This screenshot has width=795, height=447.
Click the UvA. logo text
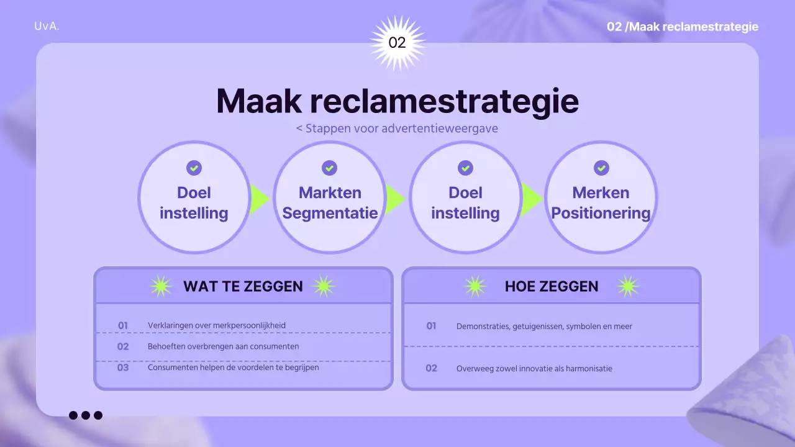click(47, 27)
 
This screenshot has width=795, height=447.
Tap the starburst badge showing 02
click(397, 43)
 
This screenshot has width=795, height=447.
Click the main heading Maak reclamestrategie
click(397, 101)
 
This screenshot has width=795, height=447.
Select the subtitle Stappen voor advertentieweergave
click(397, 129)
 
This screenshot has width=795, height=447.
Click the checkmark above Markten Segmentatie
click(329, 168)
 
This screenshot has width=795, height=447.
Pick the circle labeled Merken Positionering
click(601, 197)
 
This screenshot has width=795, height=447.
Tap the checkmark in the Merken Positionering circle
click(601, 168)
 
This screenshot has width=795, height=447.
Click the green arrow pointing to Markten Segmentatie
click(259, 199)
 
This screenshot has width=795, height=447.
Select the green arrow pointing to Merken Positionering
click(531, 199)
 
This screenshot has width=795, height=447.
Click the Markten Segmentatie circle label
click(330, 202)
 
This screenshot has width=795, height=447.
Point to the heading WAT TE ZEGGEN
click(243, 286)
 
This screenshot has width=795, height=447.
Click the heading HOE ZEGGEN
click(552, 286)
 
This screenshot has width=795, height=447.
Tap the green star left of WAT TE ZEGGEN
click(161, 286)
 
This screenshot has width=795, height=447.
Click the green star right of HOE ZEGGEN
click(628, 286)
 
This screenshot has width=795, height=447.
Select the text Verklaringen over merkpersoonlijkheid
click(217, 325)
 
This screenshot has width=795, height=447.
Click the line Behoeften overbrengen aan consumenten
click(223, 346)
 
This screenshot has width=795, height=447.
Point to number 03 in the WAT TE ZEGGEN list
click(123, 368)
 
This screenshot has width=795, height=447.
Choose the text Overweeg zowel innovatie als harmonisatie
click(534, 369)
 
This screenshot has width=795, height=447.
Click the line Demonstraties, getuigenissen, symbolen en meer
click(544, 326)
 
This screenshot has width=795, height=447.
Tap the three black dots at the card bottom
click(86, 415)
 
